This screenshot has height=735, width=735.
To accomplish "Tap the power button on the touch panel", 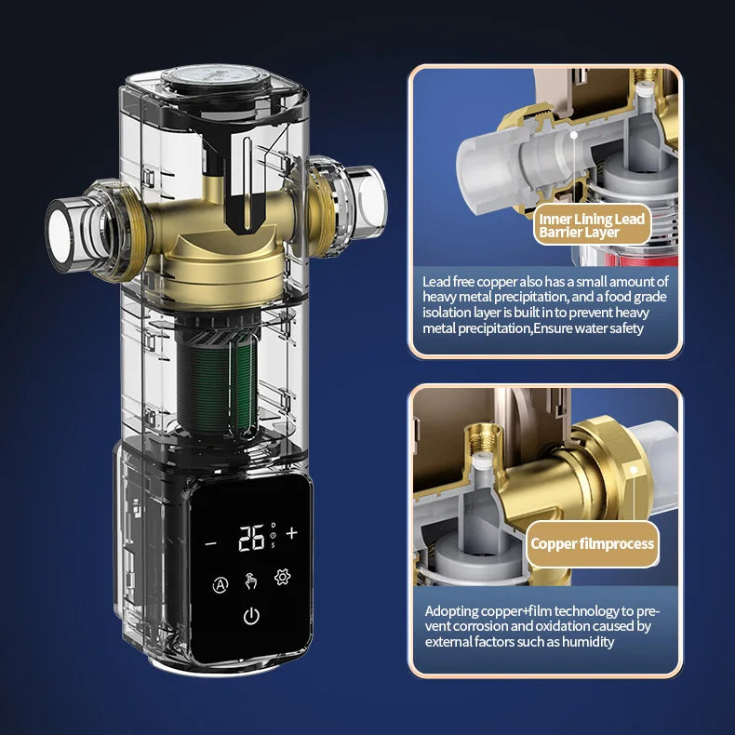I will (x=251, y=615).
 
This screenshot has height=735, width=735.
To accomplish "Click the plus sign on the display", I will (x=292, y=533).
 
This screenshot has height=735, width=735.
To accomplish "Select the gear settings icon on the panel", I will (x=283, y=578).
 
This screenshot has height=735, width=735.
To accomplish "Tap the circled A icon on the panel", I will (x=220, y=584).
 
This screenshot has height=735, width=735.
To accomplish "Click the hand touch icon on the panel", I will (x=251, y=581).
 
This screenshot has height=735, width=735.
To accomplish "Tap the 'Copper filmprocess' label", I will (x=592, y=544).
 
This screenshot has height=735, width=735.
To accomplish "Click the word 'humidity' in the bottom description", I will (x=584, y=641).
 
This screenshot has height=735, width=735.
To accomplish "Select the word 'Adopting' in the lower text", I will (x=455, y=611).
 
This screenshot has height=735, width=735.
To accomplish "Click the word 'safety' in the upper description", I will (x=623, y=328).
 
